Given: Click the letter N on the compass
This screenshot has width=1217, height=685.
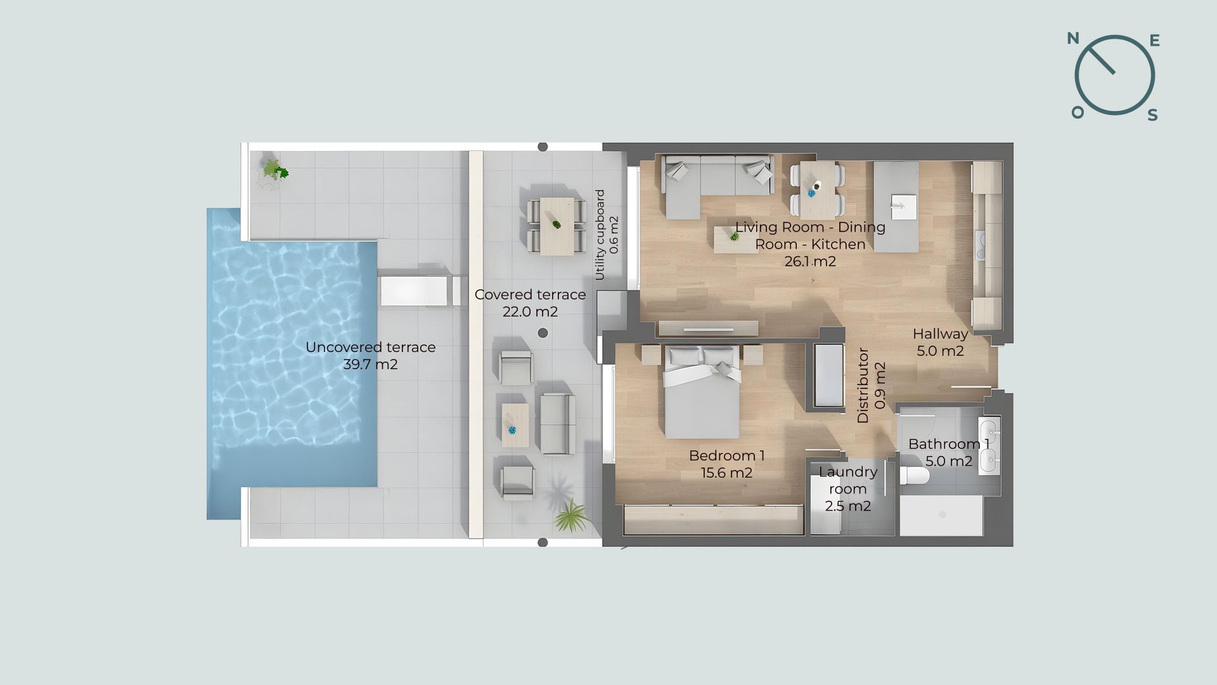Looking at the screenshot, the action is [x=1073, y=39].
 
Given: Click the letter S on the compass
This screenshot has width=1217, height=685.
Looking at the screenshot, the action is [x=1153, y=115].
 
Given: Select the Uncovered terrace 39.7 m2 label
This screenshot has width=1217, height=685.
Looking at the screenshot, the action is [x=371, y=356].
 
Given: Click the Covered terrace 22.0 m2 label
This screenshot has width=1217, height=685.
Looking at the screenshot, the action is [x=531, y=303].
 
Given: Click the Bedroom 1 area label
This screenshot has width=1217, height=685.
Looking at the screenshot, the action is [x=727, y=464].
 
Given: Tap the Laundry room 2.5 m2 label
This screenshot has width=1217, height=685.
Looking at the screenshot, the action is [x=848, y=489].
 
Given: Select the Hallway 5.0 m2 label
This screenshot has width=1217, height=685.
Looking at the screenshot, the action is [x=941, y=342].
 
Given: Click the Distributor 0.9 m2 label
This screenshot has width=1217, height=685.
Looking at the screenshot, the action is [x=871, y=385].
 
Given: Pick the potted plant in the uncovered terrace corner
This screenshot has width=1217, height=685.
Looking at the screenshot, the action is [x=275, y=170].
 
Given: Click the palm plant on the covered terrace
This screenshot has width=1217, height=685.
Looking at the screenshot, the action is [x=572, y=515].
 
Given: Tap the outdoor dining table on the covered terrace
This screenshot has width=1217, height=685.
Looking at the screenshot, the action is [x=557, y=226].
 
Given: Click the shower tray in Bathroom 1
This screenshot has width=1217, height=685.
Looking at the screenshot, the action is [x=942, y=516].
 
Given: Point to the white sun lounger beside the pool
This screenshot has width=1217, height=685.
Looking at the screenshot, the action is [x=420, y=291].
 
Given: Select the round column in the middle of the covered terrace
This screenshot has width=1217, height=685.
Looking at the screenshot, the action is [x=543, y=333].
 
